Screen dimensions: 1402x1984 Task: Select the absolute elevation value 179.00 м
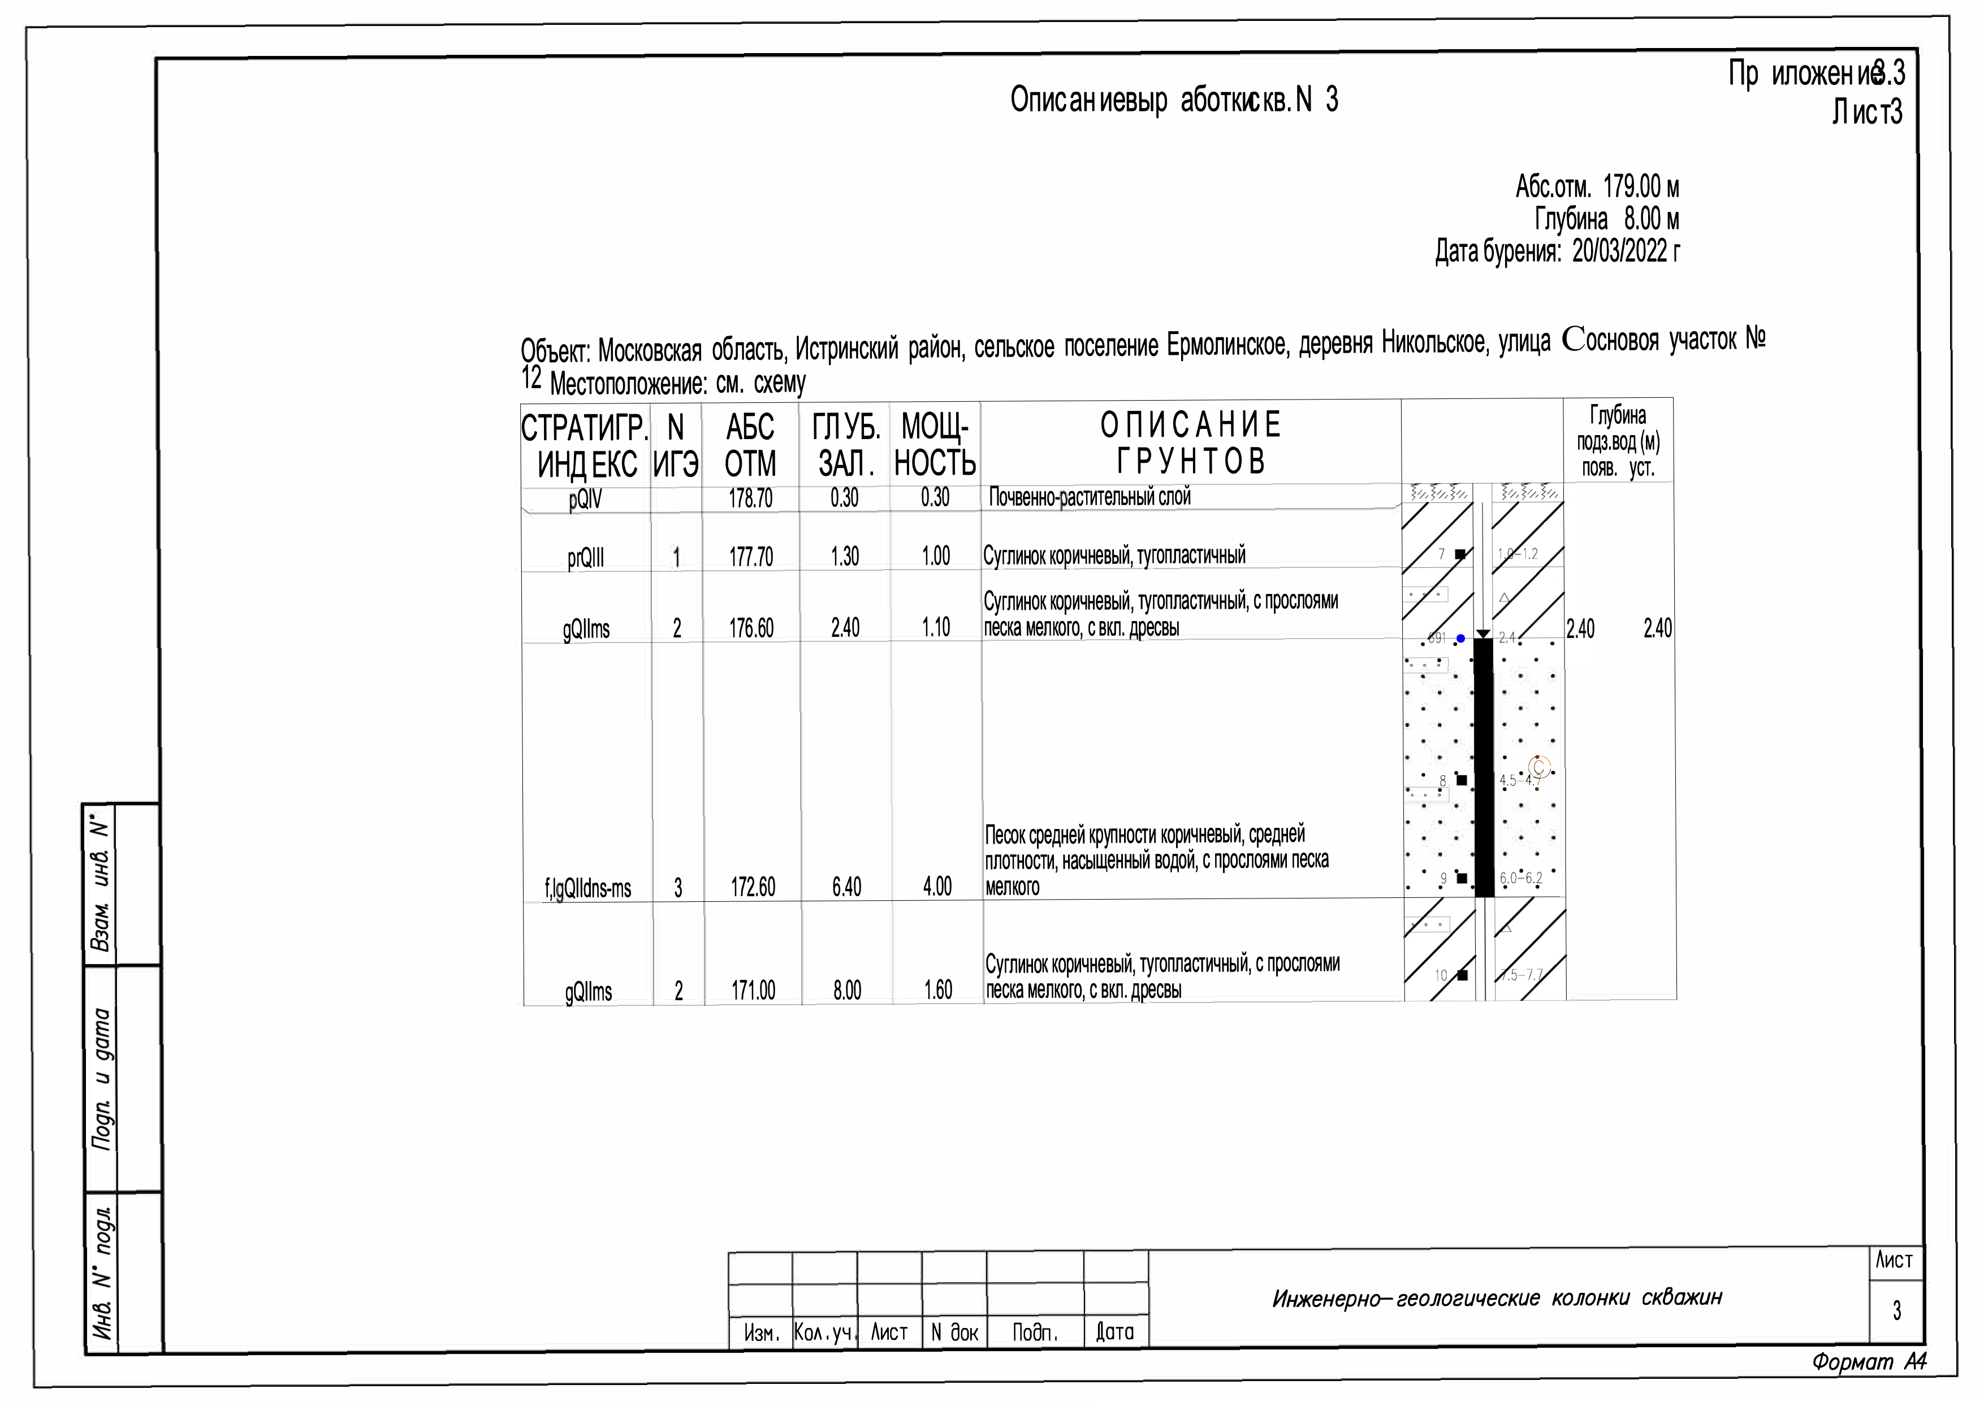tap(1641, 186)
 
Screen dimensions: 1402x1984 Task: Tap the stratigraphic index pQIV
tap(585, 500)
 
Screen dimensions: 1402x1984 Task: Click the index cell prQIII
tap(585, 557)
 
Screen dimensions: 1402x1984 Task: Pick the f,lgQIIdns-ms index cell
tap(587, 888)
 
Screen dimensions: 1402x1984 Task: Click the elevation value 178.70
tap(750, 498)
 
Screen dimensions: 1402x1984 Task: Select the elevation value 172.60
tap(753, 886)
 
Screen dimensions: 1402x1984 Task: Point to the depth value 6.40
tap(846, 886)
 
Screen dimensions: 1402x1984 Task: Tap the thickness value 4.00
tap(937, 886)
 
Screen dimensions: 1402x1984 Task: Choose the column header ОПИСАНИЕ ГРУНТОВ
tap(1191, 443)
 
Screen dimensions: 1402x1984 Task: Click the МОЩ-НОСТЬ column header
tap(935, 445)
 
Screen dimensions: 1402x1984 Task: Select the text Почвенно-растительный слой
tap(1089, 497)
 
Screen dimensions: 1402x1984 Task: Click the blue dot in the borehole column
tap(1460, 639)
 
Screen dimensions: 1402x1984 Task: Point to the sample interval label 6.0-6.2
tap(1521, 879)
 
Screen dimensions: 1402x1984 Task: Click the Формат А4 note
tap(1869, 1363)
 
